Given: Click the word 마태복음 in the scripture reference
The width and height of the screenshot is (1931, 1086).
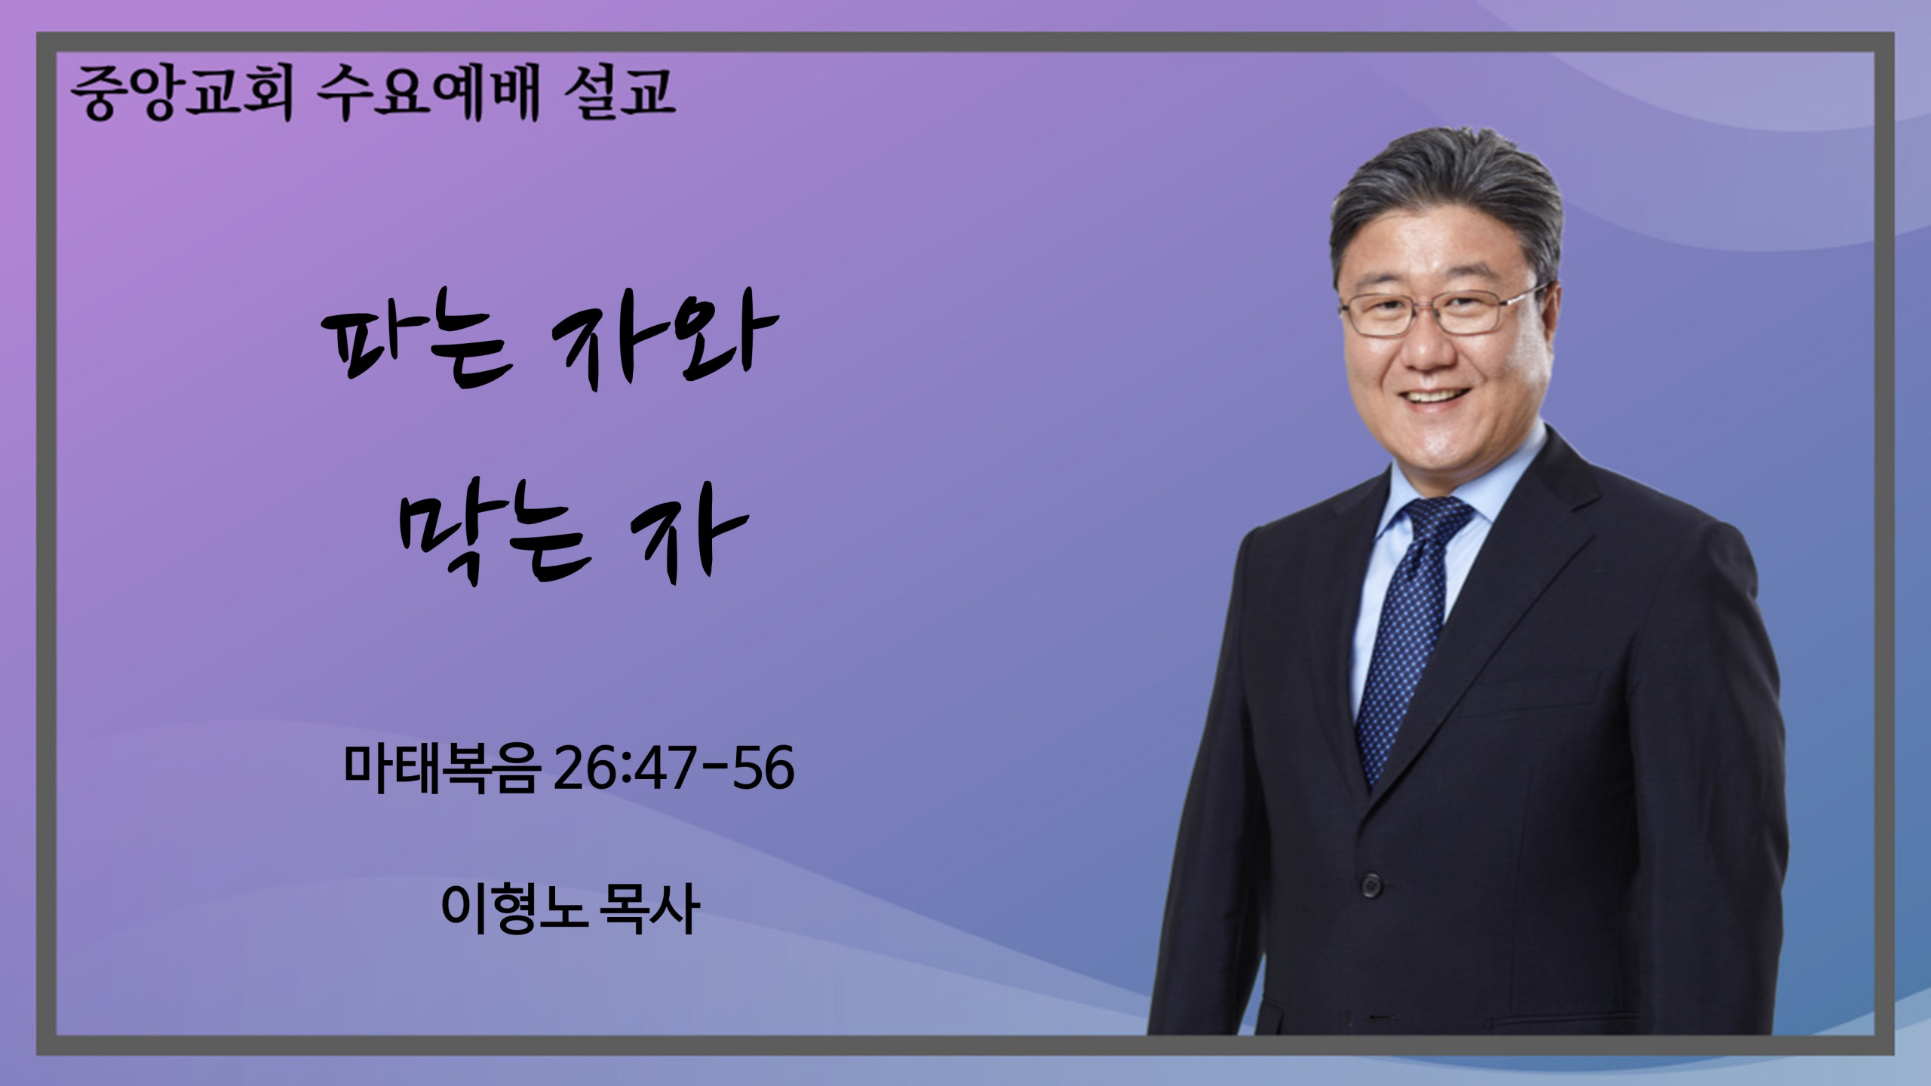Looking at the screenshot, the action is pyautogui.click(x=442, y=767).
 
